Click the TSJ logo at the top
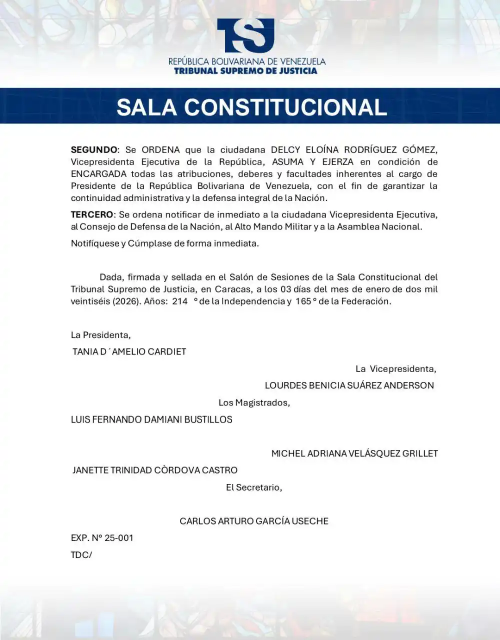click(245, 35)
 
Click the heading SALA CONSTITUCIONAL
click(251, 107)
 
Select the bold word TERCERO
click(92, 214)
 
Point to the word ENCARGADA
click(99, 174)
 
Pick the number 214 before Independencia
click(179, 301)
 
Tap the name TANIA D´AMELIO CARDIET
click(129, 351)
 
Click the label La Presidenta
click(100, 335)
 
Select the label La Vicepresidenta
click(395, 369)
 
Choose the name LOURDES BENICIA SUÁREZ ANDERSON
click(349, 385)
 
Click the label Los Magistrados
click(254, 402)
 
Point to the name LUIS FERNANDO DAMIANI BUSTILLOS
click(151, 419)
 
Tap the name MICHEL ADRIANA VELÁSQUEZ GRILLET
click(354, 453)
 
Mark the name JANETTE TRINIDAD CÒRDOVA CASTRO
click(155, 470)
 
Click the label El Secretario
click(254, 487)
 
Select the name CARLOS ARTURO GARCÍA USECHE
click(254, 521)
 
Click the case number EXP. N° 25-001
click(102, 538)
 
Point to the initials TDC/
click(81, 555)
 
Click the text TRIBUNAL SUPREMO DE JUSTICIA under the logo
click(245, 71)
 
